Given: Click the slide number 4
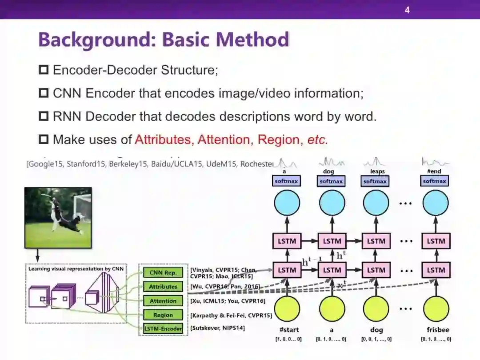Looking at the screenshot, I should (407, 10).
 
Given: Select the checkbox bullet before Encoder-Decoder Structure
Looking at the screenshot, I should (44, 70).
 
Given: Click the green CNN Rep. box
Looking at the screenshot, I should (163, 273).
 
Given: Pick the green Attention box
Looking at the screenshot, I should (163, 301).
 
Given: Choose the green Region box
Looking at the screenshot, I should (163, 315).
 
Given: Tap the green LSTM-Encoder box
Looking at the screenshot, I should (163, 329).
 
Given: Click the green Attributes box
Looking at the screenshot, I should (163, 287).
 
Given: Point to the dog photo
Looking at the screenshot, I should (58, 217).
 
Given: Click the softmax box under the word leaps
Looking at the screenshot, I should (375, 181).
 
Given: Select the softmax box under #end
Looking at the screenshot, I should (434, 181).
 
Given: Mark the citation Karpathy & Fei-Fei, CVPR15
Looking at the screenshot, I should (231, 316).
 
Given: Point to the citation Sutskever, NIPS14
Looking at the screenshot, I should (218, 328).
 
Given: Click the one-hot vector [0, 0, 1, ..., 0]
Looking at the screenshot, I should (376, 339).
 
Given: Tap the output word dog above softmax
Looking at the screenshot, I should (329, 171).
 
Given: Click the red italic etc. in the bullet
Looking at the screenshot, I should (317, 140).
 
